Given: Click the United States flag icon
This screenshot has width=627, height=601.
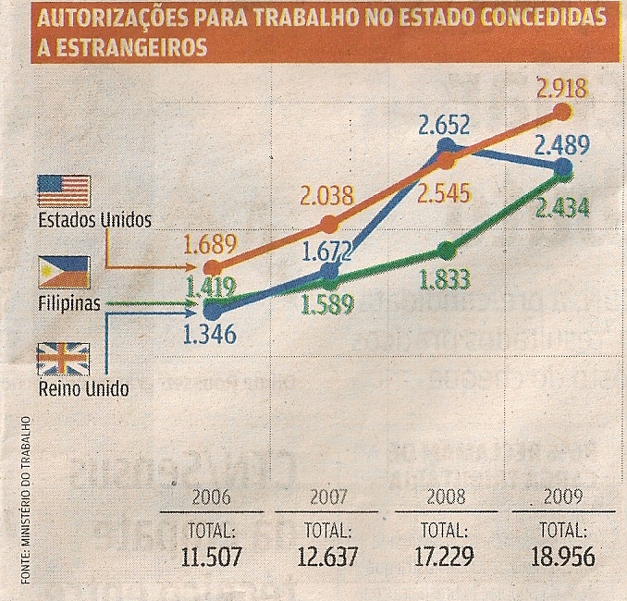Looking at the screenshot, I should [x=63, y=191].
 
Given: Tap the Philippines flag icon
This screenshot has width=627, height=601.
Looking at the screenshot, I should [x=63, y=273].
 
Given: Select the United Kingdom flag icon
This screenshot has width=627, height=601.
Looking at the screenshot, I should [x=63, y=358].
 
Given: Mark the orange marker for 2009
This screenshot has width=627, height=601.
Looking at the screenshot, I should [x=562, y=112].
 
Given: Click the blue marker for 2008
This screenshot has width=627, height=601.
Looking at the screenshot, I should [x=446, y=144].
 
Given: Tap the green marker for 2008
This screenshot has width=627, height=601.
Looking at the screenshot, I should [x=446, y=250].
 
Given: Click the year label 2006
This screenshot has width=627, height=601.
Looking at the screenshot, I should [x=211, y=497].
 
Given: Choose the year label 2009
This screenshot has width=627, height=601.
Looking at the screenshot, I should [x=563, y=497].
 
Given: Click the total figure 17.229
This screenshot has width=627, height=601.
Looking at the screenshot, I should [x=445, y=558].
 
